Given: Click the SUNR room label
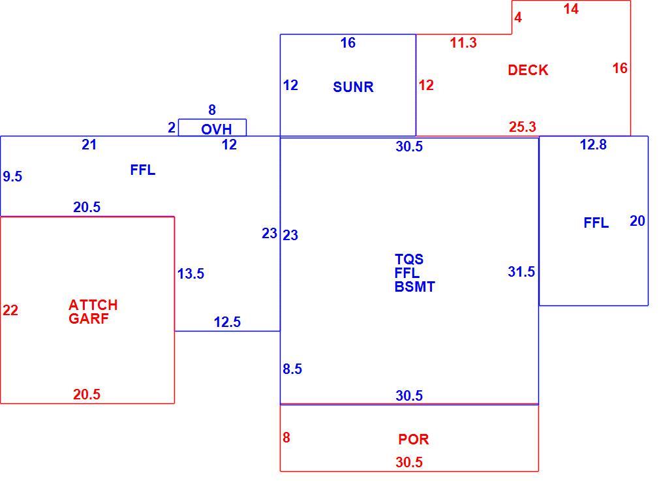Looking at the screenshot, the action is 353,87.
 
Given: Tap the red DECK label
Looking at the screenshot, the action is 528,70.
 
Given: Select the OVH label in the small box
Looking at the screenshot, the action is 217,129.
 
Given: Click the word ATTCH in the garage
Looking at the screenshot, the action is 93,305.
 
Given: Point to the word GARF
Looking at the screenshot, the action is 89,318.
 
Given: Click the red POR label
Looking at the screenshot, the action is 414,439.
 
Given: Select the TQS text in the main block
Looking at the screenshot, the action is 409,259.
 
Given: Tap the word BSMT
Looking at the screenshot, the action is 415,286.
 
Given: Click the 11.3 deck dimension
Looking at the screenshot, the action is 463,42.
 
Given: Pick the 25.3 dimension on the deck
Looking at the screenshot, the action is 523,127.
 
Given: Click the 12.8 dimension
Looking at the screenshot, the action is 593,145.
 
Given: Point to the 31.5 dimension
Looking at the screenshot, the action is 521,271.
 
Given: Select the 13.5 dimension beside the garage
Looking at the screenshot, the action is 191,273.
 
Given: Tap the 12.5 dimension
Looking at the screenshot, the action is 227,322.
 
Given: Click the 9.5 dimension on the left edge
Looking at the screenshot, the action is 12,177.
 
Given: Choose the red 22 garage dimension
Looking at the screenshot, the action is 10,310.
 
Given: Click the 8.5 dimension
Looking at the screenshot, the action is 292,369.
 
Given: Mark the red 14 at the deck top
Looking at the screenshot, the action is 571,9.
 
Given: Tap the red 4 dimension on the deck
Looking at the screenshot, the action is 518,17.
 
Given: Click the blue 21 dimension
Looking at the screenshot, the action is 89,145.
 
